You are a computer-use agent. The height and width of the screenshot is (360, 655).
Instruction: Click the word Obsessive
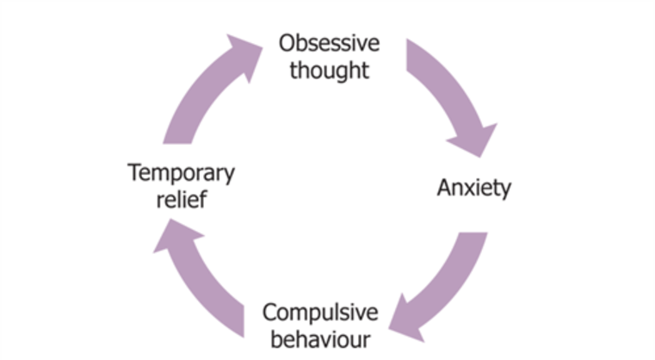[329, 43]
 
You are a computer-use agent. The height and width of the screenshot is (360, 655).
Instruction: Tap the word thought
[329, 71]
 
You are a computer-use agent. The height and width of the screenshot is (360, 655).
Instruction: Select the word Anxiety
[474, 188]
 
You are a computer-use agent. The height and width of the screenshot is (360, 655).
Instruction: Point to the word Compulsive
[320, 313]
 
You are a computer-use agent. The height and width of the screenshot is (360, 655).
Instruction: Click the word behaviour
[320, 339]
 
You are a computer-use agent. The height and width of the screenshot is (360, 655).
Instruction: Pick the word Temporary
[182, 173]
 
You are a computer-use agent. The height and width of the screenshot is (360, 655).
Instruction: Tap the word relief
[182, 199]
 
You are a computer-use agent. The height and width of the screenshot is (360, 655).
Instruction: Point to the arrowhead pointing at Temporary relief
[175, 235]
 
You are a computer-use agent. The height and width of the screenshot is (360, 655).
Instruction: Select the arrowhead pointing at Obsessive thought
[245, 54]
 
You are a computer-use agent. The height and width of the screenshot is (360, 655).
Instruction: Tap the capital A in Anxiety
[445, 187]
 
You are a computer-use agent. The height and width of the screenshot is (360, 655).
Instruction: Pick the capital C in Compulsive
[270, 313]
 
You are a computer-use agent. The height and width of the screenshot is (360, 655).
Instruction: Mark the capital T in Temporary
[135, 172]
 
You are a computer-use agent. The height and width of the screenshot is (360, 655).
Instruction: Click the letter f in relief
[202, 199]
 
